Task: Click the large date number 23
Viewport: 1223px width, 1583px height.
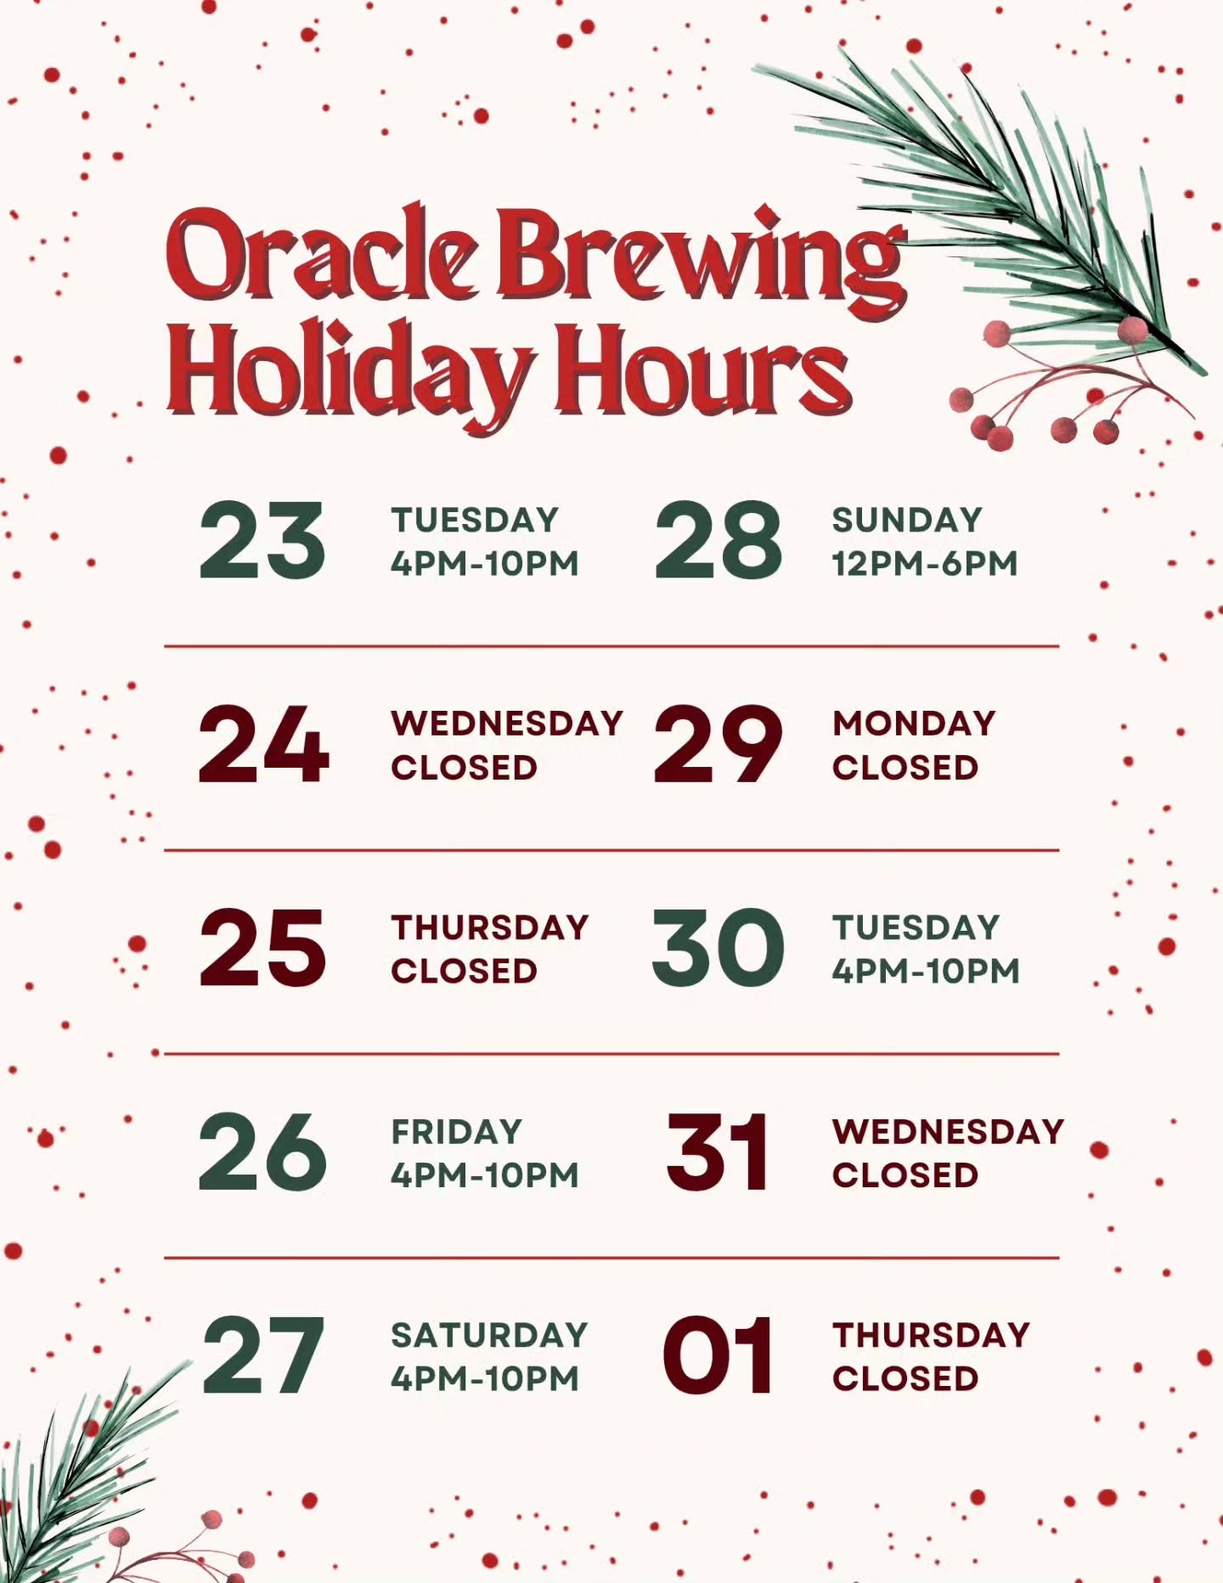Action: (262, 541)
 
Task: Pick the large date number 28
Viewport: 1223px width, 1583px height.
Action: (718, 541)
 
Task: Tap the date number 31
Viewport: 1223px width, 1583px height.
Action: (718, 1152)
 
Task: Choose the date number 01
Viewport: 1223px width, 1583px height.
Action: (718, 1356)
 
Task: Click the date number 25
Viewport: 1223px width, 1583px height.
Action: (262, 949)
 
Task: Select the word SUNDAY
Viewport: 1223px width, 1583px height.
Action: (907, 520)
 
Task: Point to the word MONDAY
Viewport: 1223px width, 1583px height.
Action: (914, 724)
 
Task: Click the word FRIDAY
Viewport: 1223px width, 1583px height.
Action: (456, 1131)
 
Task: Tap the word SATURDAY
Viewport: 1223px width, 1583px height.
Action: (489, 1335)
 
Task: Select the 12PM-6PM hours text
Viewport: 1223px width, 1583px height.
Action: (924, 564)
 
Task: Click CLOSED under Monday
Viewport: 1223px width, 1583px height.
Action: (905, 768)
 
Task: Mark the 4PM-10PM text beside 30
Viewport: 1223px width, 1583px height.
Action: (926, 972)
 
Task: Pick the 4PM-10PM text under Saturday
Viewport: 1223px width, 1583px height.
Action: (485, 1379)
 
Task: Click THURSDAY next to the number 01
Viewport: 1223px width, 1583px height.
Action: (931, 1335)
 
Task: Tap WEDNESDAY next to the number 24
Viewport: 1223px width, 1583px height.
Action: (507, 724)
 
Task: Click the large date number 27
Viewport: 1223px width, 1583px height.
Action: (263, 1356)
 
